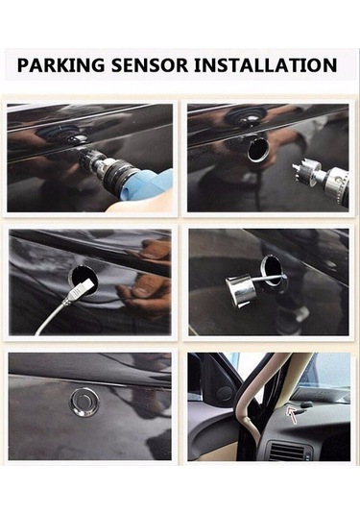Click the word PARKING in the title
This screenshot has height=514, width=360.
61,65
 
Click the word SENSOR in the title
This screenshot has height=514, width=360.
150,65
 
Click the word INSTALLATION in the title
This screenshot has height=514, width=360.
266,65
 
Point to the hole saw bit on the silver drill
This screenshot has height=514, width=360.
304,171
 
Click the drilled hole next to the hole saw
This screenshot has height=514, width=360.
258,150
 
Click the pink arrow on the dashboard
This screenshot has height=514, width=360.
292,414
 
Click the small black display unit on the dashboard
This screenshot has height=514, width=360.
305,405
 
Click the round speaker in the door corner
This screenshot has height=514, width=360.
225,394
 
